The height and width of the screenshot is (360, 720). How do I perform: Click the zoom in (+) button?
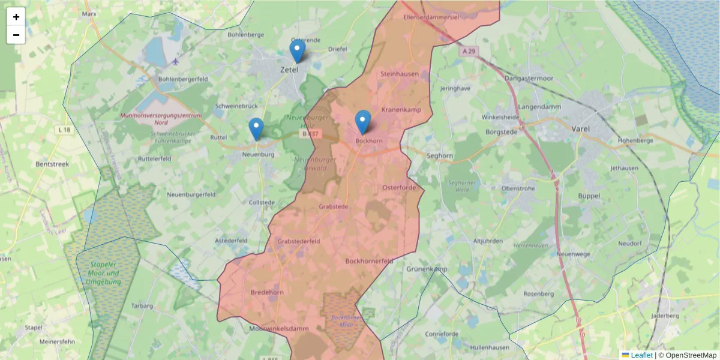click(16, 17)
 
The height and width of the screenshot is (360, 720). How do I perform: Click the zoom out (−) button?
click(16, 35)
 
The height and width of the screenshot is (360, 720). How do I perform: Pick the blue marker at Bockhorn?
click(362, 122)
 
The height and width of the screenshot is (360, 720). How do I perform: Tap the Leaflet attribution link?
click(641, 355)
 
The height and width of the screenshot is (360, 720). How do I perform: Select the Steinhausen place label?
click(400, 74)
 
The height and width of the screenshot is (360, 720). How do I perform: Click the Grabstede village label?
click(334, 206)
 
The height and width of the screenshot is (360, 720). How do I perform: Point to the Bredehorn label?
click(266, 292)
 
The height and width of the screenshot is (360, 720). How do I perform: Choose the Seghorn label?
click(440, 155)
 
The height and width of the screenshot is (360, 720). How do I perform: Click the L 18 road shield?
click(65, 130)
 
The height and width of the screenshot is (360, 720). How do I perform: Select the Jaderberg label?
click(664, 315)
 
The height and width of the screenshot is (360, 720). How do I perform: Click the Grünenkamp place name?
click(427, 269)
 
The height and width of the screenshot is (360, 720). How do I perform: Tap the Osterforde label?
click(399, 188)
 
